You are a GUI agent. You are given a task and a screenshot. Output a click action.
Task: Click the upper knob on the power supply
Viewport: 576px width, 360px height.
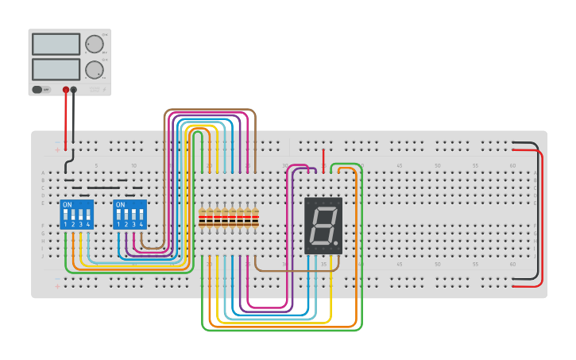tap(95, 44)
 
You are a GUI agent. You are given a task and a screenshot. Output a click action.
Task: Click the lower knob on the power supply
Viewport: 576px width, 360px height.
tap(95, 69)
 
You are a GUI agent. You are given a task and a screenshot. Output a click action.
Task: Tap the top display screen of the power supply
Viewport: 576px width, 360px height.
tap(56, 44)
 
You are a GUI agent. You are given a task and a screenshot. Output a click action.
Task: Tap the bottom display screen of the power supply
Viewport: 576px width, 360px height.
tap(56, 69)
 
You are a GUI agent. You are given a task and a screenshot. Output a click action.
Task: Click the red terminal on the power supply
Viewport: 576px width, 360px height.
tap(66, 90)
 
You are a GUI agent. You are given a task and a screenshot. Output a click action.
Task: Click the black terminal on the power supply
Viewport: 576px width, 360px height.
tap(74, 90)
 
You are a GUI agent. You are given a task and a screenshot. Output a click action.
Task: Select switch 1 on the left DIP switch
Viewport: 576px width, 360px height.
tap(65, 216)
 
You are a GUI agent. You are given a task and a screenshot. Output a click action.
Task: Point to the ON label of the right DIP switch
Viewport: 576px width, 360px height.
tap(120, 205)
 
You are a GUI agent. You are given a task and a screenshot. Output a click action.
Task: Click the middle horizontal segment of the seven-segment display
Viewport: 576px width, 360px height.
tap(322, 225)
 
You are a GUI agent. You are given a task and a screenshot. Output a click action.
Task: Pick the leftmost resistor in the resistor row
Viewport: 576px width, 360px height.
tap(202, 217)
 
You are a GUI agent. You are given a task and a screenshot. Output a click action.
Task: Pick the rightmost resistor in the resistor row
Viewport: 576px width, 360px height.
tap(255, 217)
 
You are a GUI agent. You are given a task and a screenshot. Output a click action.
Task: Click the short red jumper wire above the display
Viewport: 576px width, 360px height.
tap(323, 159)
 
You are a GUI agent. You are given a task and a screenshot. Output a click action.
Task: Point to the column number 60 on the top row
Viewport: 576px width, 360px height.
tap(512, 165)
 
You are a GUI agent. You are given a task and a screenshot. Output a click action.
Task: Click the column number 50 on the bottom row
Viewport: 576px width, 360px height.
tap(437, 264)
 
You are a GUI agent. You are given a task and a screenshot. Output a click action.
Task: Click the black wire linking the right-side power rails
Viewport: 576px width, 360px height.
tap(537, 211)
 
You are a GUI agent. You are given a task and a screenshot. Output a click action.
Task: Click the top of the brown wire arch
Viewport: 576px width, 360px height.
tap(210, 110)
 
